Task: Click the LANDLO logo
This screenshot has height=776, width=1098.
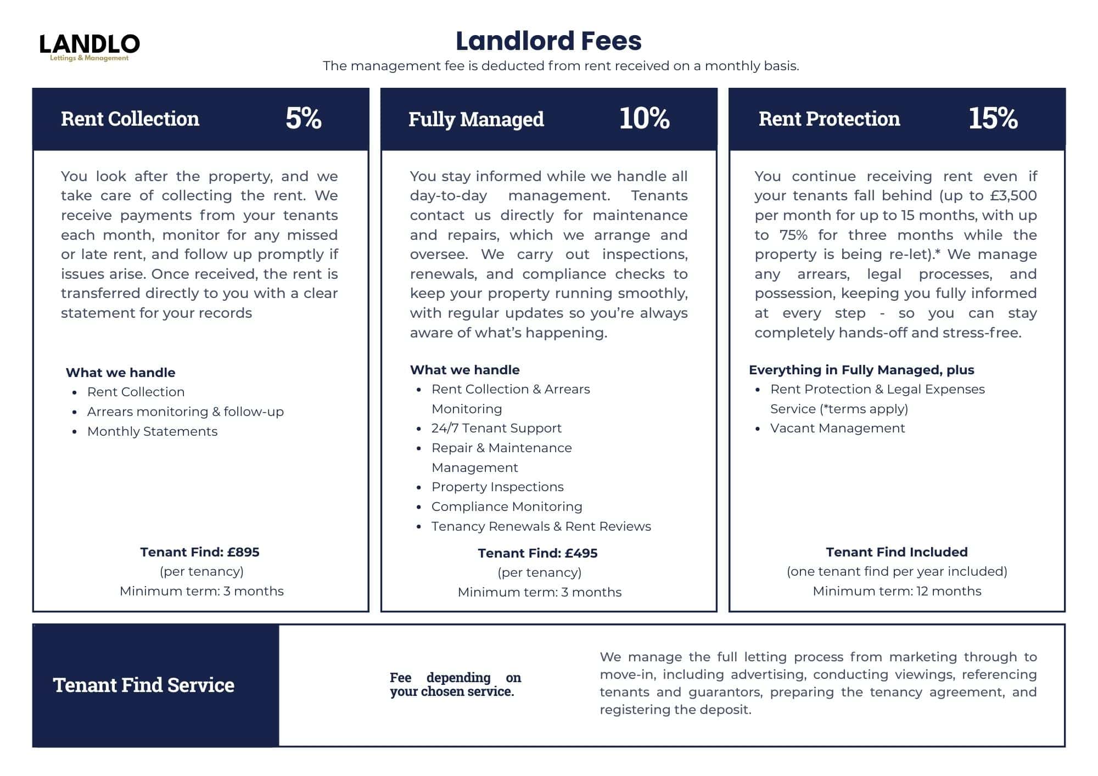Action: [x=89, y=47]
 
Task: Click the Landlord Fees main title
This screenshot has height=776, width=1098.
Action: [x=548, y=41]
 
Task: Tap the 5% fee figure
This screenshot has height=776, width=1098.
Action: [x=303, y=118]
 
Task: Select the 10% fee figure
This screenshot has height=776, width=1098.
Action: [x=644, y=118]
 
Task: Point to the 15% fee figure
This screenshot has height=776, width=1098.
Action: [x=993, y=118]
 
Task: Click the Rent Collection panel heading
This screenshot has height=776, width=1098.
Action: [x=130, y=119]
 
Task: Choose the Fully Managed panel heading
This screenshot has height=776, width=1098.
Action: [x=476, y=119]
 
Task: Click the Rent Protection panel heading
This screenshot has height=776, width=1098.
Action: [x=829, y=119]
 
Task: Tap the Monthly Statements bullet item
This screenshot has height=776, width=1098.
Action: [x=152, y=431]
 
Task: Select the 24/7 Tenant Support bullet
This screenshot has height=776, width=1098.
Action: [x=496, y=428]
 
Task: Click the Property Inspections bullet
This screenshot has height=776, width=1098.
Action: [x=497, y=487]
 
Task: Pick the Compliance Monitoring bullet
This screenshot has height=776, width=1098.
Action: [x=507, y=507]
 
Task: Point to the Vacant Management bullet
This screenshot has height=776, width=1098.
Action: [x=837, y=428]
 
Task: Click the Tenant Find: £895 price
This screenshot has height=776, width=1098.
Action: [x=200, y=552]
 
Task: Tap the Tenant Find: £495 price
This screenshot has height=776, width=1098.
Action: [x=537, y=553]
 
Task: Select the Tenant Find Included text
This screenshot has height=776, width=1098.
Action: [x=897, y=552]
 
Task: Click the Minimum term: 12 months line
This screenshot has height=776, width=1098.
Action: [x=897, y=591]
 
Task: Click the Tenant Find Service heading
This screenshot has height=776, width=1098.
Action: [x=144, y=685]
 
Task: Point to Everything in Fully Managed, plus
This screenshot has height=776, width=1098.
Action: [x=861, y=370]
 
